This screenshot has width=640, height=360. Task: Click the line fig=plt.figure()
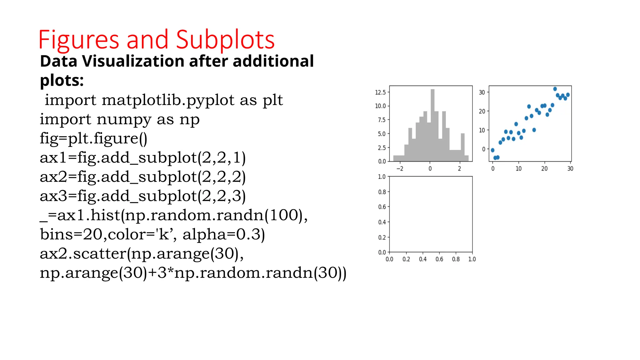[93, 138]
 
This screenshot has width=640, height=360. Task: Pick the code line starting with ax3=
[142, 196]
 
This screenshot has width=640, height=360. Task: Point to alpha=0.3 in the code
[223, 234]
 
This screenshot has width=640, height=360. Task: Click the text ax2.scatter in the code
[83, 253]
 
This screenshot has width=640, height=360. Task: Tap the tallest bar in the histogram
[432, 125]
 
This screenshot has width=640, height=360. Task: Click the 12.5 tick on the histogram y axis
[380, 92]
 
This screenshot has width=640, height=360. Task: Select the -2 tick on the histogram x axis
[400, 169]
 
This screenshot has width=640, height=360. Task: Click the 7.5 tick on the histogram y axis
[382, 120]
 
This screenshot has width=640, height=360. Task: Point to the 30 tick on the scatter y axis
[482, 92]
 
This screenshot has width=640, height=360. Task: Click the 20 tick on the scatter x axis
[544, 169]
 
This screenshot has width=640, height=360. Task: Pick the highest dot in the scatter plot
[555, 89]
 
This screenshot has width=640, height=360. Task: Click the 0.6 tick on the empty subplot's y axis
[382, 207]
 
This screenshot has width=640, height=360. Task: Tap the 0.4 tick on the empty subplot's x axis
[422, 259]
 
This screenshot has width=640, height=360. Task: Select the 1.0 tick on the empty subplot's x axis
[472, 259]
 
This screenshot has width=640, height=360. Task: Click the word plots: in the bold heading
[62, 80]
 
